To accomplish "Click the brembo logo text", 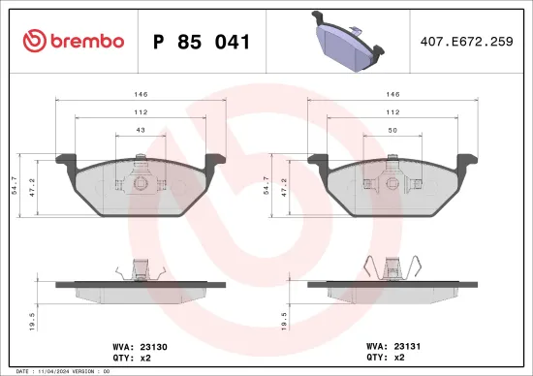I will pyautogui.click(x=82, y=41).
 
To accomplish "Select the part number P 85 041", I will pyautogui.click(x=202, y=42).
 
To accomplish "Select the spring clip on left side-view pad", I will pyautogui.click(x=137, y=268).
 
